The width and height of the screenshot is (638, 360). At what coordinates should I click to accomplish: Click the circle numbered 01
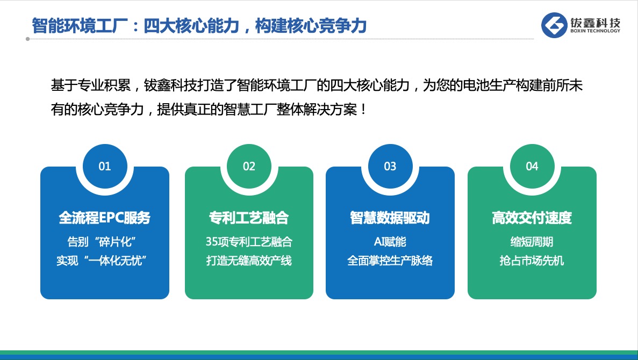click(105, 166)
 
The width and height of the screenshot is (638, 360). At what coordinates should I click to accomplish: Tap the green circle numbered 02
click(249, 166)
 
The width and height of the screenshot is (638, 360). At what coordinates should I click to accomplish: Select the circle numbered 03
click(390, 166)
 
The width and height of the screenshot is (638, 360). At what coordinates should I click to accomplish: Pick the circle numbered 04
click(532, 166)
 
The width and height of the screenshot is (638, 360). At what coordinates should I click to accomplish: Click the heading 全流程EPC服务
click(105, 218)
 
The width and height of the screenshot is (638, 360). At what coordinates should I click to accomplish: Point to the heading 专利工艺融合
click(249, 218)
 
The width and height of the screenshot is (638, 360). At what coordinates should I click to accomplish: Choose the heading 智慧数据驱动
click(390, 218)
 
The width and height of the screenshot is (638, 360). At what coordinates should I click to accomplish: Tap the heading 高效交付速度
click(532, 218)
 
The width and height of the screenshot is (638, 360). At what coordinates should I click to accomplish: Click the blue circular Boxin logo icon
click(554, 25)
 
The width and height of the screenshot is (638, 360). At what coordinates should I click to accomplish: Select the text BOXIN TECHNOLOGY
click(596, 31)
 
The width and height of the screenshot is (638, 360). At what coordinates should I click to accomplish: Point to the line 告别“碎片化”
click(102, 242)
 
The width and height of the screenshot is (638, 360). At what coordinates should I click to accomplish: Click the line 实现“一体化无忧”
click(102, 261)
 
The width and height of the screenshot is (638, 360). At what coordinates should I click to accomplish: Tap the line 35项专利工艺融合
click(249, 242)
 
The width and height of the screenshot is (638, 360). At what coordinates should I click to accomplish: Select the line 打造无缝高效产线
click(249, 261)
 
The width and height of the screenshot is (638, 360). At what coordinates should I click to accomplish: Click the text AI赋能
click(390, 242)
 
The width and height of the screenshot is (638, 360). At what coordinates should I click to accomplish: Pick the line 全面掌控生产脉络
click(390, 261)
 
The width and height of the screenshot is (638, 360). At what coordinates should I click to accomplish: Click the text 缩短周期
click(532, 242)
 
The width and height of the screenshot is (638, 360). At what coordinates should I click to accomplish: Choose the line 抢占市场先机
click(532, 261)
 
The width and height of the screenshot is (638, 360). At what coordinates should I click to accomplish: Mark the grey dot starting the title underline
click(27, 39)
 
